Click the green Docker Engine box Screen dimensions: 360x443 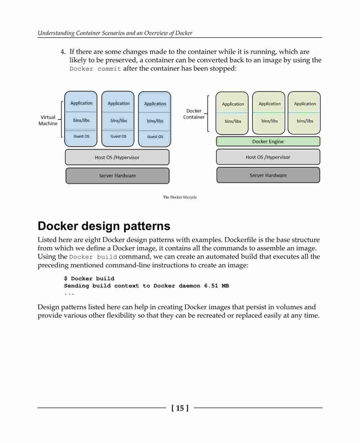pyautogui.click(x=268, y=141)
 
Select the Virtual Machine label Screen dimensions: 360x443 pyautogui.click(x=48, y=120)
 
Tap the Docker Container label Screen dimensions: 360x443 pyautogui.click(x=194, y=114)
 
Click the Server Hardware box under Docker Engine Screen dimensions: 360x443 pyautogui.click(x=268, y=175)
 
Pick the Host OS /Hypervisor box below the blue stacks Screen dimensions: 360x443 pyautogui.click(x=117, y=157)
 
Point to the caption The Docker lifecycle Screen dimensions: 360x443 pyautogui.click(x=180, y=197)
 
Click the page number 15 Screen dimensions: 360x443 pyautogui.click(x=180, y=408)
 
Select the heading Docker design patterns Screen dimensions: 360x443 pyautogui.click(x=104, y=226)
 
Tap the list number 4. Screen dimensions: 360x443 pyautogui.click(x=63, y=52)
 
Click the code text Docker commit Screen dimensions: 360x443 pyautogui.click(x=95, y=69)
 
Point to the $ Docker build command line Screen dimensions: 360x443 pyautogui.click(x=89, y=278)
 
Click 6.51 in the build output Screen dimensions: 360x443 pyautogui.click(x=211, y=286)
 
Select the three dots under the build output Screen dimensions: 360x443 pyautogui.click(x=69, y=294)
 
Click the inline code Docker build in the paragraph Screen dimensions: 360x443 pyautogui.click(x=93, y=257)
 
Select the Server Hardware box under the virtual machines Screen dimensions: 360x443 pyautogui.click(x=117, y=176)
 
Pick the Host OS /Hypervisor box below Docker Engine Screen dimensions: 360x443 pyautogui.click(x=268, y=157)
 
